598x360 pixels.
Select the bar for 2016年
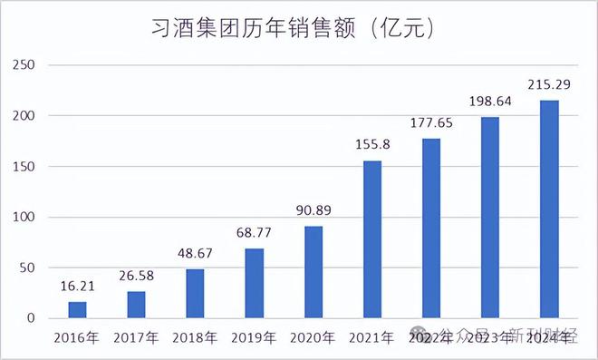pyautogui.click(x=78, y=310)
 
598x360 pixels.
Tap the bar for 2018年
pyautogui.click(x=196, y=294)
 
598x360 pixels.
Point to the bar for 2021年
pyautogui.click(x=372, y=239)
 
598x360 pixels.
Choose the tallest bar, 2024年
pyautogui.click(x=549, y=209)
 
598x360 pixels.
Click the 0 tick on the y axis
pyautogui.click(x=31, y=318)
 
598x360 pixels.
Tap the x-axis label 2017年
pyautogui.click(x=137, y=339)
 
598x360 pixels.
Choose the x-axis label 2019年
pyautogui.click(x=255, y=339)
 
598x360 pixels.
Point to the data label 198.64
pyautogui.click(x=490, y=103)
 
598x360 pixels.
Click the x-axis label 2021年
pyautogui.click(x=372, y=339)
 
